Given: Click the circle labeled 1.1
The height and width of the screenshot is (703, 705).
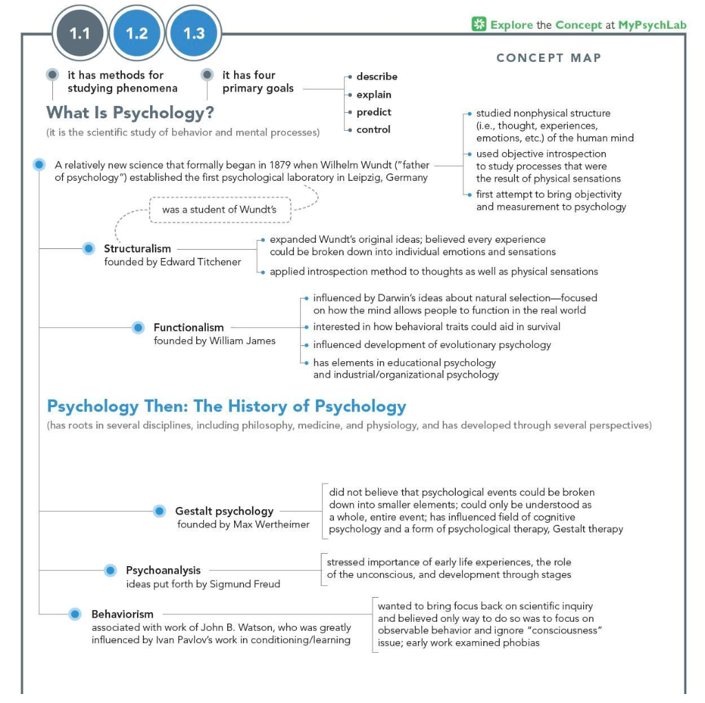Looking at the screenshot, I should click(80, 33).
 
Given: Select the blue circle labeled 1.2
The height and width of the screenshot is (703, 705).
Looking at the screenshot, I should click(137, 33).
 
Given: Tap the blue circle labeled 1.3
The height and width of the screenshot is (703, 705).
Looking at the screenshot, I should click(193, 33).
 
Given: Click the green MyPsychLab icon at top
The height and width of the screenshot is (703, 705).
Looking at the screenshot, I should click(478, 25).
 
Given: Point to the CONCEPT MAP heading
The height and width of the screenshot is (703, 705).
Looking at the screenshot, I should click(549, 58).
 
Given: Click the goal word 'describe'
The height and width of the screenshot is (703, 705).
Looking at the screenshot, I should click(377, 76).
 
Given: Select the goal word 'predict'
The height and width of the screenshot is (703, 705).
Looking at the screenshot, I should click(374, 112).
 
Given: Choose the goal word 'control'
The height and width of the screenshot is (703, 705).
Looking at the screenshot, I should click(373, 129).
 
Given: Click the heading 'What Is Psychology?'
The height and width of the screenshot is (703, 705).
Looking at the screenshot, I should click(130, 112).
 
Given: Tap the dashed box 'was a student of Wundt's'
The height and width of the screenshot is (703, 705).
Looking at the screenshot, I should click(219, 209).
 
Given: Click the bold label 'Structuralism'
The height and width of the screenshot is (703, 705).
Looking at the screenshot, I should click(137, 248).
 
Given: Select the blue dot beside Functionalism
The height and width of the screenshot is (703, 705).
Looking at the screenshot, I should click(138, 327).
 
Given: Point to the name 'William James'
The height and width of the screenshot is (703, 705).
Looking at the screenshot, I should click(244, 340).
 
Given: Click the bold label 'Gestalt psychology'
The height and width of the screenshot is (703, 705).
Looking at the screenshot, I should click(224, 511).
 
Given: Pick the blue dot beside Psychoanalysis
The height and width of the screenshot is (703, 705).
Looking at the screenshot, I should click(110, 570).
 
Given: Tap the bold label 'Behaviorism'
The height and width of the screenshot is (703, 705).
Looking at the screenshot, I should click(123, 614).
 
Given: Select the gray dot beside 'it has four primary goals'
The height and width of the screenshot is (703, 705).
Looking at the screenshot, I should click(207, 74).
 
